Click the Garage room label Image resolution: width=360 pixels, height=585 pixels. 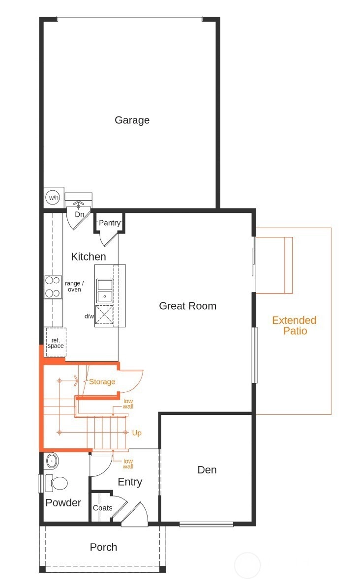tap(132, 120)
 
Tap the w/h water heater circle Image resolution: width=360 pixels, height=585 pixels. tap(54, 197)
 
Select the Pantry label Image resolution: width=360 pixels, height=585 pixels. tap(110, 223)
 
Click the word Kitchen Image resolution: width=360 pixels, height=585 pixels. tap(89, 257)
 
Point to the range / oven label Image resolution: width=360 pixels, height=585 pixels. tap(74, 286)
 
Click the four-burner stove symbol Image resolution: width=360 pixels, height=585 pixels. tap(53, 287)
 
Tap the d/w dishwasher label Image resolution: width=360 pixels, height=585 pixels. tap(89, 317)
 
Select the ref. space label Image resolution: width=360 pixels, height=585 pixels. tap(56, 343)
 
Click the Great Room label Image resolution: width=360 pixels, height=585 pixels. tap(188, 306)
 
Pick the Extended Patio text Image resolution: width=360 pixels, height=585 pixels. tap(294, 325)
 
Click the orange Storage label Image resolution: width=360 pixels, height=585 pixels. tap(102, 381)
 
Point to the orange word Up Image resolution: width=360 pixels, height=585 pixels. tap(137, 433)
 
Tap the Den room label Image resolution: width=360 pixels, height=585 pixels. tap(207, 469)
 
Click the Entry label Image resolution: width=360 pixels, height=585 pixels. tap(130, 482)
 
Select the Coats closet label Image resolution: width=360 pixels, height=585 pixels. tap(103, 508)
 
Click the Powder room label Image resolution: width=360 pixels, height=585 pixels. tap(63, 502)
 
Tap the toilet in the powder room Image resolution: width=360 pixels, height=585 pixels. tap(56, 484)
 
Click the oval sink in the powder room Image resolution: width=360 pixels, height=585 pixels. tap(52, 461)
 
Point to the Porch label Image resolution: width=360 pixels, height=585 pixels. tap(103, 547)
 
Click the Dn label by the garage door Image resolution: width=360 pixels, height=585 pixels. tap(80, 214)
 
